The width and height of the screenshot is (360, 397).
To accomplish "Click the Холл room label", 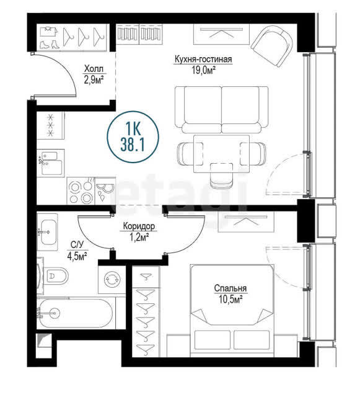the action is (x=94, y=69).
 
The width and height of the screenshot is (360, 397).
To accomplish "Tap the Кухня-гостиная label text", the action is (x=203, y=60).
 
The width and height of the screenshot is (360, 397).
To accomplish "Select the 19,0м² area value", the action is (x=203, y=70).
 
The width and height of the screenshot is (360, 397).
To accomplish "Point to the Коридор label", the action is (x=139, y=226).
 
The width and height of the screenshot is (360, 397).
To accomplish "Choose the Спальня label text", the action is (x=230, y=288).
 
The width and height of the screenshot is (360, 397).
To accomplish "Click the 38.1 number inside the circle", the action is (x=133, y=145).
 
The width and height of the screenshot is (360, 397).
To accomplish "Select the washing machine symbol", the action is (x=112, y=279).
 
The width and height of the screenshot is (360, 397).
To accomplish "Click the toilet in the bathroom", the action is (x=56, y=275).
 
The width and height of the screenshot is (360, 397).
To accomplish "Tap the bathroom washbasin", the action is (x=48, y=232).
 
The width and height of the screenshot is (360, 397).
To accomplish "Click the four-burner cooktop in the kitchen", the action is (x=81, y=191).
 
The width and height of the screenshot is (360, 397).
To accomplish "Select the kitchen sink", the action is (x=51, y=163).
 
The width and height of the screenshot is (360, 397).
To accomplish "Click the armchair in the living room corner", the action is (x=273, y=45).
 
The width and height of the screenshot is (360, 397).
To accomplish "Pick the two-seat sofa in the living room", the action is (x=221, y=110).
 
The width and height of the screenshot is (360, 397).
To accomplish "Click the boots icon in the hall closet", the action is (x=50, y=44).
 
